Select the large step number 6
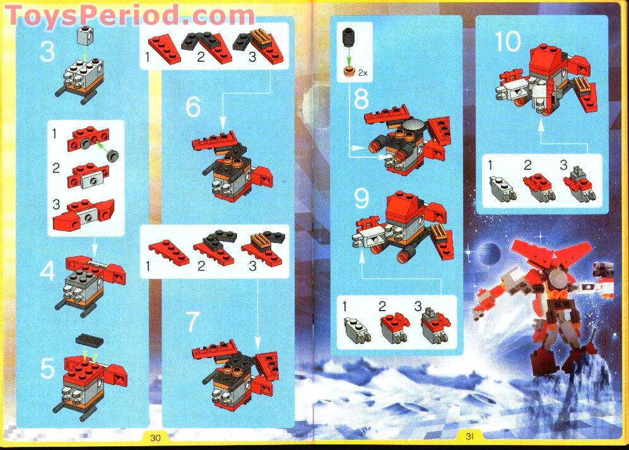193,107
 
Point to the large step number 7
193,323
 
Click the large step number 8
361,99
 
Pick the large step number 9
361,200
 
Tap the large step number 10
508,42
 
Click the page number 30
156,436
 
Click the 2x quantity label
362,73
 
